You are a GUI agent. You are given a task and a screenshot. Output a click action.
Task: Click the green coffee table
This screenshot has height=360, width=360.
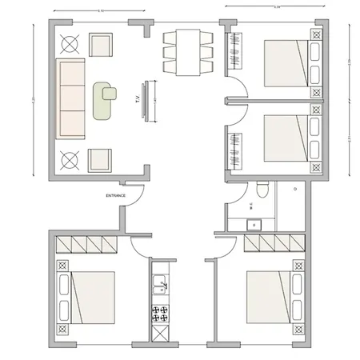click(104, 100)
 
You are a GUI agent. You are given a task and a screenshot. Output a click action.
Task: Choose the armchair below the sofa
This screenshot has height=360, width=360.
click(101, 158)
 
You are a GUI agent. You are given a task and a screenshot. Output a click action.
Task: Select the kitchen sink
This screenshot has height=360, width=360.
click(160, 284)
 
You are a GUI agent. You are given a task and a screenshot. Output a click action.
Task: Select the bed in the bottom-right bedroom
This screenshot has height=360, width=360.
click(267, 296)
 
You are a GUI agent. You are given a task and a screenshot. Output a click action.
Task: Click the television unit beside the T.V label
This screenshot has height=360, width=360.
click(146, 101)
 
